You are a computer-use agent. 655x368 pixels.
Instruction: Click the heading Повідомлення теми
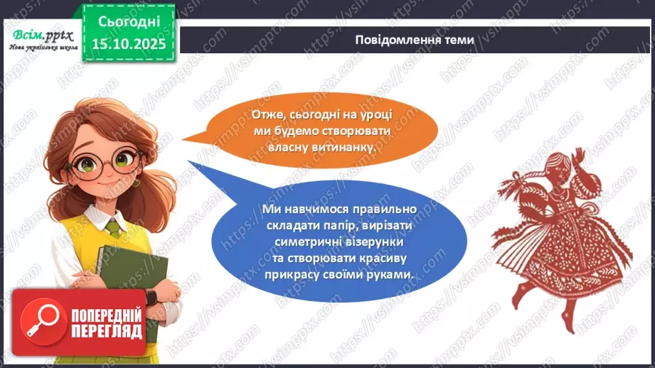[414, 40]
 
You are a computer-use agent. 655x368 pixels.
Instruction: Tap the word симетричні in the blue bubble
[289, 242]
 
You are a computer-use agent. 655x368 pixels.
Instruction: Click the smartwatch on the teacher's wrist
[150, 296]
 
